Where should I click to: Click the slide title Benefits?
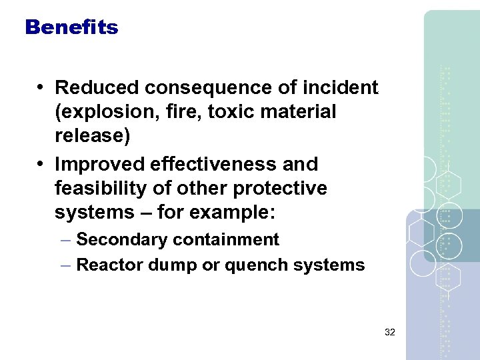click(x=71, y=27)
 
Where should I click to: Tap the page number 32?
click(x=390, y=331)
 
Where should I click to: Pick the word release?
click(x=91, y=137)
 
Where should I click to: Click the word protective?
click(x=280, y=189)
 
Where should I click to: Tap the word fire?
click(x=183, y=112)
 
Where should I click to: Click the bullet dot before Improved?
click(x=41, y=164)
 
